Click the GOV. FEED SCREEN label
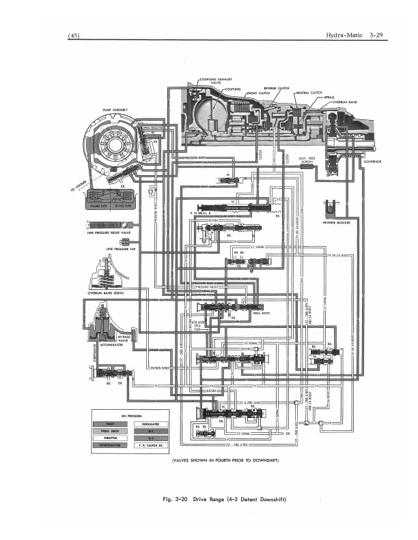tap(307, 160)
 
